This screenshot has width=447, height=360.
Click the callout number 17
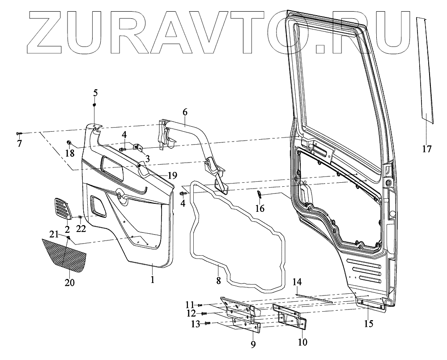(426, 149)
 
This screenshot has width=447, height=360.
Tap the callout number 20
(69, 283)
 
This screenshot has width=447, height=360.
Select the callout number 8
(218, 281)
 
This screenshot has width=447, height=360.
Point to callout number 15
(368, 323)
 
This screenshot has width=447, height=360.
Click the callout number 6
(185, 113)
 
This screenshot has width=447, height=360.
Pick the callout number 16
(260, 208)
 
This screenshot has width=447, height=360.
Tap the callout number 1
(152, 280)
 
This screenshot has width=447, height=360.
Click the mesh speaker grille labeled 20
(65, 255)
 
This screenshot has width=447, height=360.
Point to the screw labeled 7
(19, 133)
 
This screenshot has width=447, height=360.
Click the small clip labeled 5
(95, 104)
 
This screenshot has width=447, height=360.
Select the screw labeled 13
(207, 323)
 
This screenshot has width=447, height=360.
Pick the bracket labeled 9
(244, 316)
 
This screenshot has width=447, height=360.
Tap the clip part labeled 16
(259, 194)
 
